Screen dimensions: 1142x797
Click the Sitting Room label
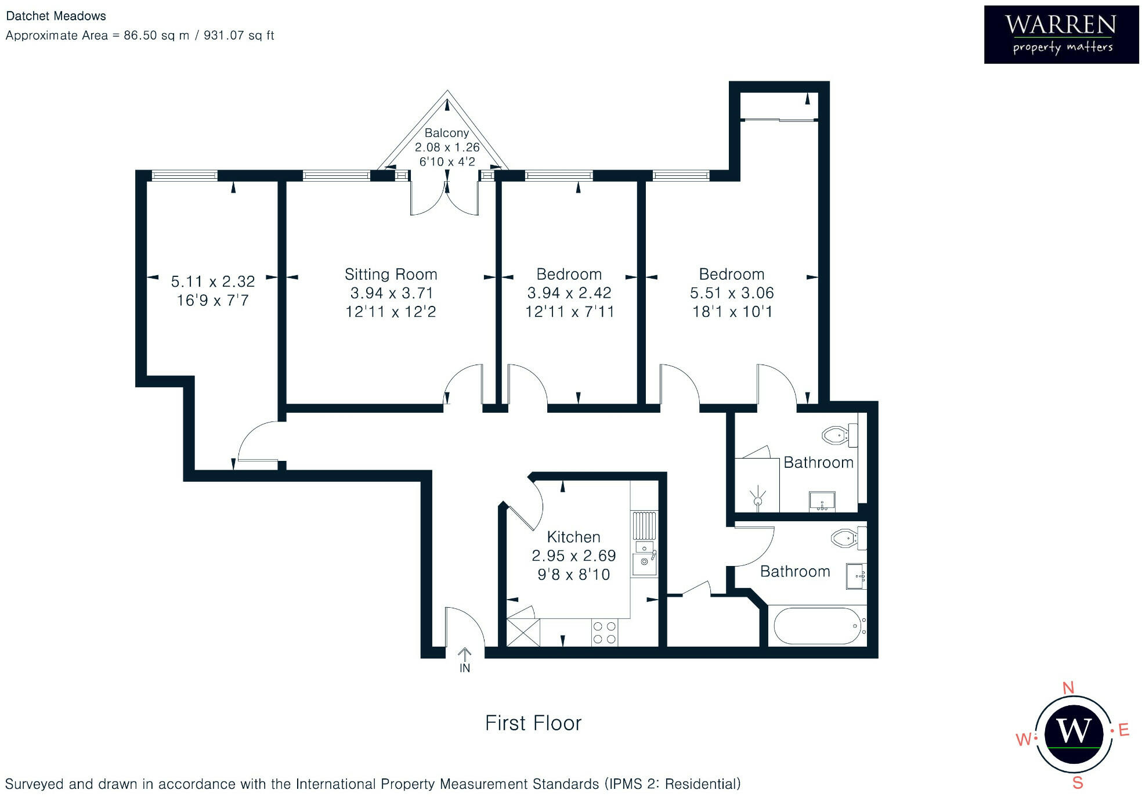coord(391,274)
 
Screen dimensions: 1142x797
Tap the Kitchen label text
coord(573,537)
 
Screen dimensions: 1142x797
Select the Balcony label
coord(446,133)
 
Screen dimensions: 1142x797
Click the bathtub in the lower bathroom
coord(818,626)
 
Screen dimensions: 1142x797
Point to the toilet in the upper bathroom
coord(840,435)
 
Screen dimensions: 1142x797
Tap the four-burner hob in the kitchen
coord(605,632)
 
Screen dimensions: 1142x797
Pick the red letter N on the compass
coord(1068,688)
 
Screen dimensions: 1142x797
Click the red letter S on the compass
coord(1078,783)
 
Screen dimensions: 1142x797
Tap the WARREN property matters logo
coord(1061,35)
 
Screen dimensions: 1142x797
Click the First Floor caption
coord(533,723)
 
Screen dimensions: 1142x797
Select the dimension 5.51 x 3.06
coord(732,293)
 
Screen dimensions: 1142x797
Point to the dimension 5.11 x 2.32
coord(213,282)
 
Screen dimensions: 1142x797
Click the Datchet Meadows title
coord(56,16)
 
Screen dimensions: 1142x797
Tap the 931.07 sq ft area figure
coord(239,35)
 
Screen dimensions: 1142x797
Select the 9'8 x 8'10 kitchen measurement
coord(573,575)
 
